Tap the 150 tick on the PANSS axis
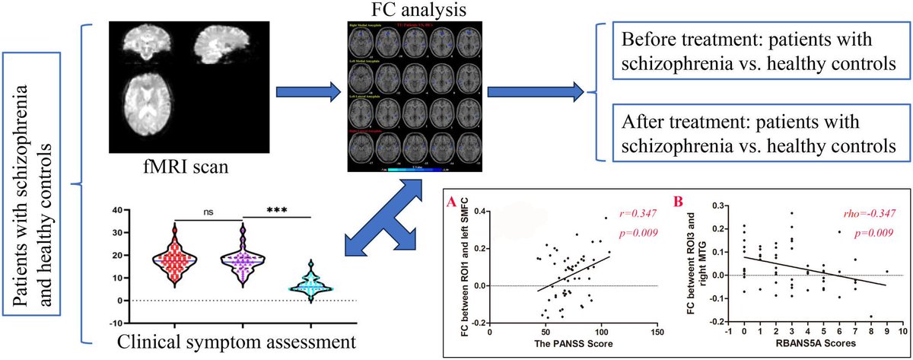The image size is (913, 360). (658, 332)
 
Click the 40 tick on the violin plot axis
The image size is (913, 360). (97, 210)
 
